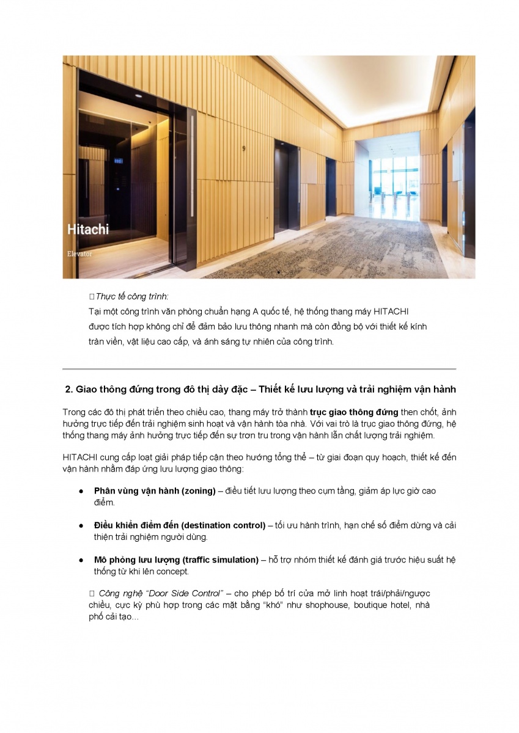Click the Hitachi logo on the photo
(x=87, y=230)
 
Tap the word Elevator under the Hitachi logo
(x=79, y=252)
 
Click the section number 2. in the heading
(x=69, y=390)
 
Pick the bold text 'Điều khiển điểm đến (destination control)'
(x=179, y=525)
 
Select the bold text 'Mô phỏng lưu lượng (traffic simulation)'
(x=176, y=560)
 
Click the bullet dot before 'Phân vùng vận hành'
(x=80, y=491)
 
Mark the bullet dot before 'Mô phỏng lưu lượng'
(x=80, y=560)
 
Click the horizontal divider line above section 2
(x=259, y=369)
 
